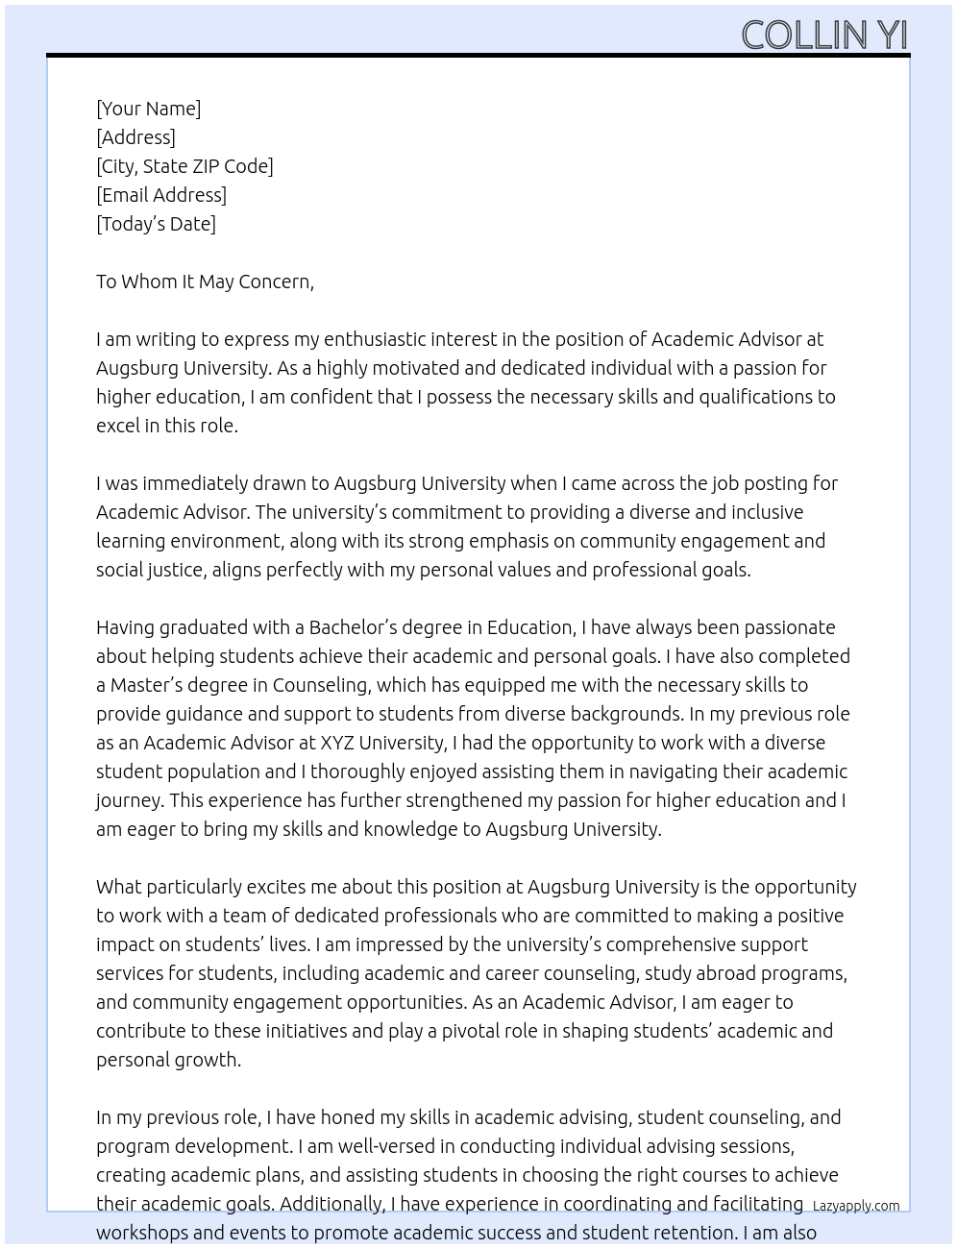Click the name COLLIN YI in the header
(823, 35)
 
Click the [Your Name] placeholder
(148, 109)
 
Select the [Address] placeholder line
(135, 137)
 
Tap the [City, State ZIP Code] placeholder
(184, 166)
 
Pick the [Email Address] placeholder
(161, 195)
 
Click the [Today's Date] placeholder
(156, 224)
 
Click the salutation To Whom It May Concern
(205, 282)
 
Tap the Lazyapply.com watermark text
(855, 1206)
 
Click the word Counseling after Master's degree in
(320, 685)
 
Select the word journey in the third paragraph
(129, 800)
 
